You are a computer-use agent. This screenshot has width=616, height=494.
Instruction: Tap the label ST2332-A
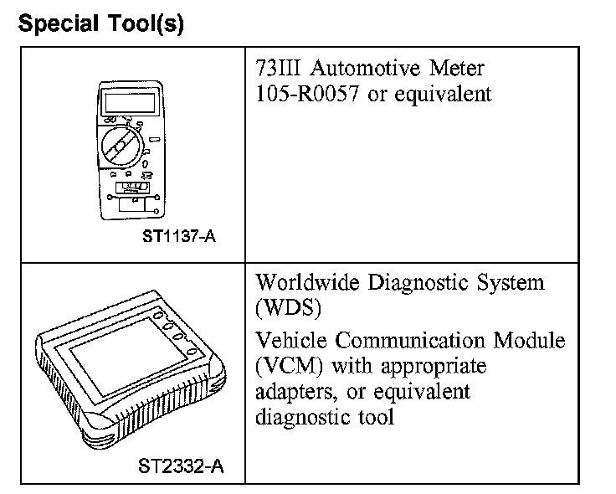click(x=179, y=464)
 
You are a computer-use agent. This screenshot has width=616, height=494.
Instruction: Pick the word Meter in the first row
click(x=457, y=68)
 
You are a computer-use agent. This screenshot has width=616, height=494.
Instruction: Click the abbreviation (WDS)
click(x=289, y=308)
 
